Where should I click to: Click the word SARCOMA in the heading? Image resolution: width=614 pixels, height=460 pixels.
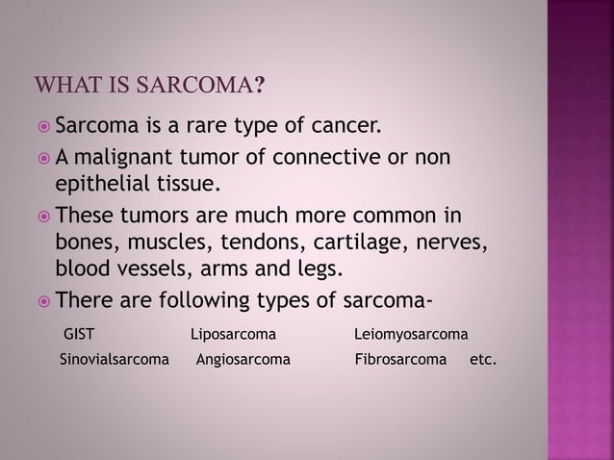pyautogui.click(x=197, y=87)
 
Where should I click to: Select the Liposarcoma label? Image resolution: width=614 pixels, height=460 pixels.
pyautogui.click(x=233, y=335)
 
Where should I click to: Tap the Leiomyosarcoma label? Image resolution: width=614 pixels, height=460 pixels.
pyautogui.click(x=411, y=335)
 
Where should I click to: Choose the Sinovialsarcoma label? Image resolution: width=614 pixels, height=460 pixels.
pyautogui.click(x=115, y=362)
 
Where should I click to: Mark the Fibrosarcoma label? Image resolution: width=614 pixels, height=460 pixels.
pyautogui.click(x=400, y=362)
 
